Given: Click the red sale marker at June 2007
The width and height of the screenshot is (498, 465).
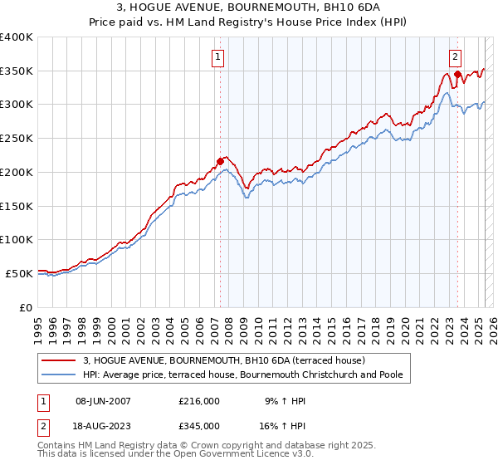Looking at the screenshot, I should coord(220,160).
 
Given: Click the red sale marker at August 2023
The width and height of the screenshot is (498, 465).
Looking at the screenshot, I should coord(457,74).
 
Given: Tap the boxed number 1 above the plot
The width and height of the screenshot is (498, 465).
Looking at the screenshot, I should coord(217,57).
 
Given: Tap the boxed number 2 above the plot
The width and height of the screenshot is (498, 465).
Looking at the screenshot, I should coord(456,57).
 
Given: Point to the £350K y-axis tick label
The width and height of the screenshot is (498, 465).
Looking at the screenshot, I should coord(17,71).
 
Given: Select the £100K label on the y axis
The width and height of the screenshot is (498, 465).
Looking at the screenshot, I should coord(17,240).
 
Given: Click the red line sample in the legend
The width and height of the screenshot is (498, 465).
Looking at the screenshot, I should coord(59,361).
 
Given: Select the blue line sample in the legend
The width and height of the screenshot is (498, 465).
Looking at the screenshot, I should coord(59,375).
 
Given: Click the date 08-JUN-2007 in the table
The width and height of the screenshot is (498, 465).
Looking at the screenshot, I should coord(103,401).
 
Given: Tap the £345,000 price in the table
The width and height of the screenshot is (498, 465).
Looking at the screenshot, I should coord(199,425).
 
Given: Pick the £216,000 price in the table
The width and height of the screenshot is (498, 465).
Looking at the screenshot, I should coord(199,401).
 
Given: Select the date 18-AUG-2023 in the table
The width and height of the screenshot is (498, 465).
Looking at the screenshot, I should coord(103,425).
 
